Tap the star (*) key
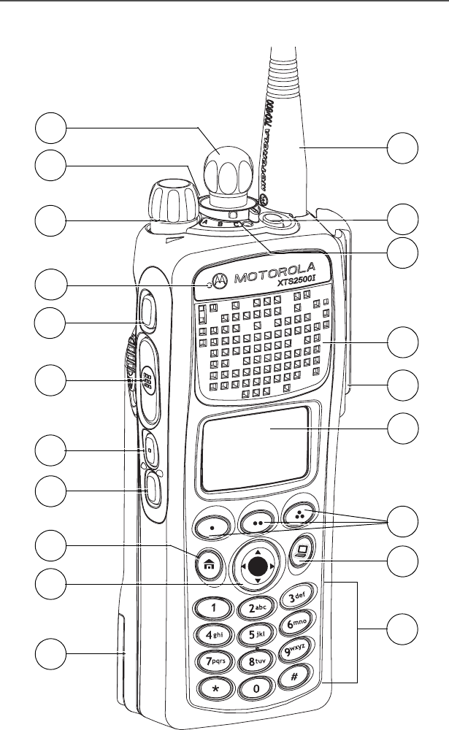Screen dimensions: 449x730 point(215,691)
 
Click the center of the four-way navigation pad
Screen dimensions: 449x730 point(255,565)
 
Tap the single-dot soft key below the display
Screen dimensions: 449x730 point(212,525)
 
